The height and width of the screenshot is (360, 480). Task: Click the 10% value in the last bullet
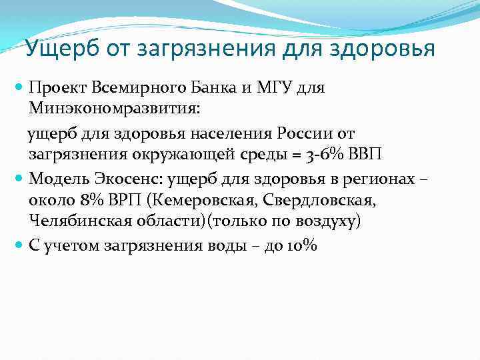point(302,245)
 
